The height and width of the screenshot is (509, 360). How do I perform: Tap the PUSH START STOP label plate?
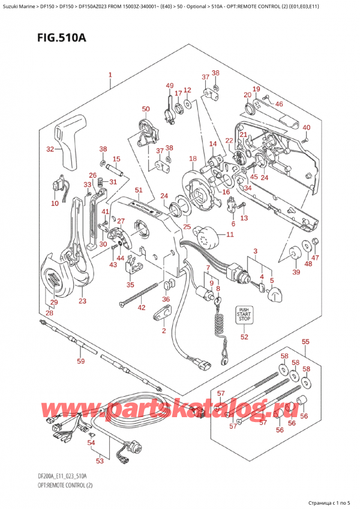pyautogui.click(x=244, y=313)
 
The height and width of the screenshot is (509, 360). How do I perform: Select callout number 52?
pyautogui.click(x=244, y=337)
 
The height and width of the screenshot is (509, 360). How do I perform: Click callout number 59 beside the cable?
pyautogui.click(x=80, y=361)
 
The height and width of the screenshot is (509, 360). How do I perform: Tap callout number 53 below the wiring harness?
pyautogui.click(x=100, y=461)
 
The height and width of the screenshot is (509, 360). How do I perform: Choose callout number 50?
pyautogui.click(x=145, y=109)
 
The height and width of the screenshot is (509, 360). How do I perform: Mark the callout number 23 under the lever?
pyautogui.click(x=82, y=301)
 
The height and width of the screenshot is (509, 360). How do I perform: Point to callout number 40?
pyautogui.click(x=306, y=127)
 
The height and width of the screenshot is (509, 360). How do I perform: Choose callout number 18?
pyautogui.click(x=192, y=158)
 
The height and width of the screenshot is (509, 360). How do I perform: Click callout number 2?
pyautogui.click(x=163, y=331)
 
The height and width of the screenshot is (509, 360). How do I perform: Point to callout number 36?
pyautogui.click(x=166, y=300)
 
